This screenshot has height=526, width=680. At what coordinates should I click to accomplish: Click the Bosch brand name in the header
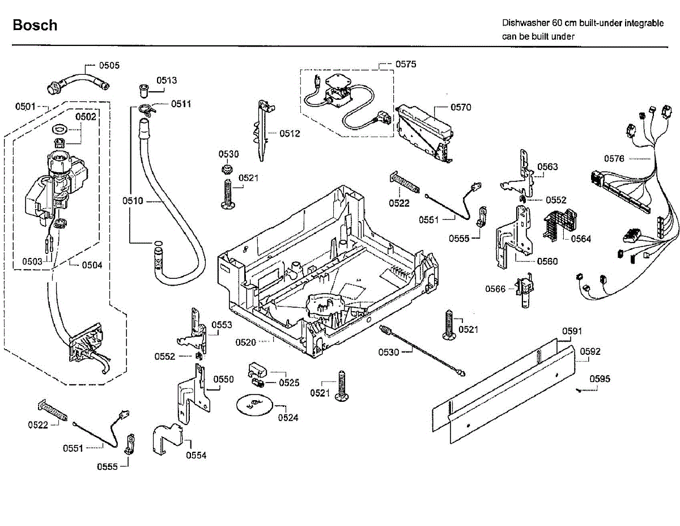(35, 25)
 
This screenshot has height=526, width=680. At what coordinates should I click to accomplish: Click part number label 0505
(109, 65)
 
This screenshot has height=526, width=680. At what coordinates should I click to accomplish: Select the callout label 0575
(406, 64)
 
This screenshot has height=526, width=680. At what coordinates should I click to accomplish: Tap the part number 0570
(461, 107)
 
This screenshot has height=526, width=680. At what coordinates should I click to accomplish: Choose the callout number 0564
(581, 239)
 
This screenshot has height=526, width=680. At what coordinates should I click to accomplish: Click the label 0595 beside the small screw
(600, 379)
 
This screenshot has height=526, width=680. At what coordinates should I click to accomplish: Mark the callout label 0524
(288, 418)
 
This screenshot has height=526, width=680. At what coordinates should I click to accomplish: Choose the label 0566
(495, 289)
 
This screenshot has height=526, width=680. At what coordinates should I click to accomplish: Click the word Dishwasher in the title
(525, 23)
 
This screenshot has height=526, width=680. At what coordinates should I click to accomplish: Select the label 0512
(290, 134)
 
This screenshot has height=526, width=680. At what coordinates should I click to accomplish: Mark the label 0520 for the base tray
(245, 342)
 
